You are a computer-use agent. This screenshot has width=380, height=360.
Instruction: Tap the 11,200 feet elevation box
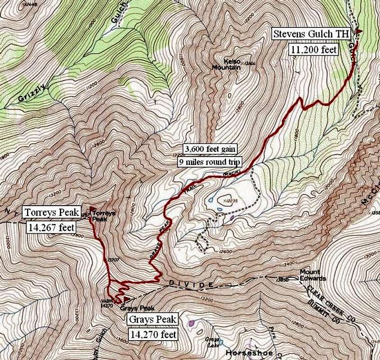pos(314,49)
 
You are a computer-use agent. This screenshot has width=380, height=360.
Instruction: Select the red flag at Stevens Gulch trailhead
pos(358,31)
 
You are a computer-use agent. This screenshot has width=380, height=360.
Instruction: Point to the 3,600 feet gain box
pos(210,148)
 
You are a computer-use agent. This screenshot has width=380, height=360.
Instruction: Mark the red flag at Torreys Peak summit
pos(92,209)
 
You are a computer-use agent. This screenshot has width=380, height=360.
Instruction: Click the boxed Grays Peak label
pos(152,319)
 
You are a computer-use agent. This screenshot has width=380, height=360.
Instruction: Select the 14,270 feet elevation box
pos(152,334)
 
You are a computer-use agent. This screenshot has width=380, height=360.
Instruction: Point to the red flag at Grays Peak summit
pos(127,298)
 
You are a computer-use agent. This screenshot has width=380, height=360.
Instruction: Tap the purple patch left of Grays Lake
pos(193,323)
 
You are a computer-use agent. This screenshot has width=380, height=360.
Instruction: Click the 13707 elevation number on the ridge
pos(113,260)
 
